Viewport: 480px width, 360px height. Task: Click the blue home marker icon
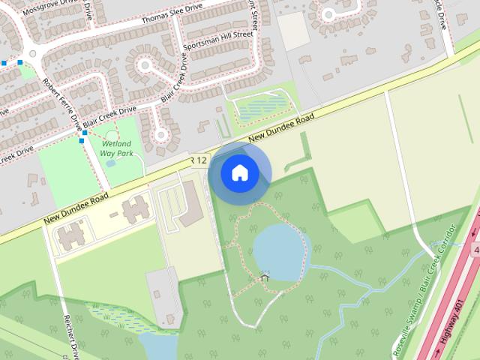point(240,172)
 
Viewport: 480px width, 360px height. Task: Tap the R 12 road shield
point(198,160)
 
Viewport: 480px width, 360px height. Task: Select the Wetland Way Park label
point(116,148)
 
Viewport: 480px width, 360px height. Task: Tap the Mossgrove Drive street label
point(52,8)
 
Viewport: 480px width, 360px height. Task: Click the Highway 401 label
point(452,322)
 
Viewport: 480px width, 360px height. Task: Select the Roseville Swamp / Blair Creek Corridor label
point(424,289)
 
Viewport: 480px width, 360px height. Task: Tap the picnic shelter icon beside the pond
point(264,277)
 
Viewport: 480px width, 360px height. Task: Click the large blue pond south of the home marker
point(280,251)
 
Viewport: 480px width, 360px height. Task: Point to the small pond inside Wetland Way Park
point(111,163)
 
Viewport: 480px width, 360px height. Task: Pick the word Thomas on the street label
point(156,18)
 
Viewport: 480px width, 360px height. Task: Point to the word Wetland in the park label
point(116,143)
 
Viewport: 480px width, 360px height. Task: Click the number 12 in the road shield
point(201,160)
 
